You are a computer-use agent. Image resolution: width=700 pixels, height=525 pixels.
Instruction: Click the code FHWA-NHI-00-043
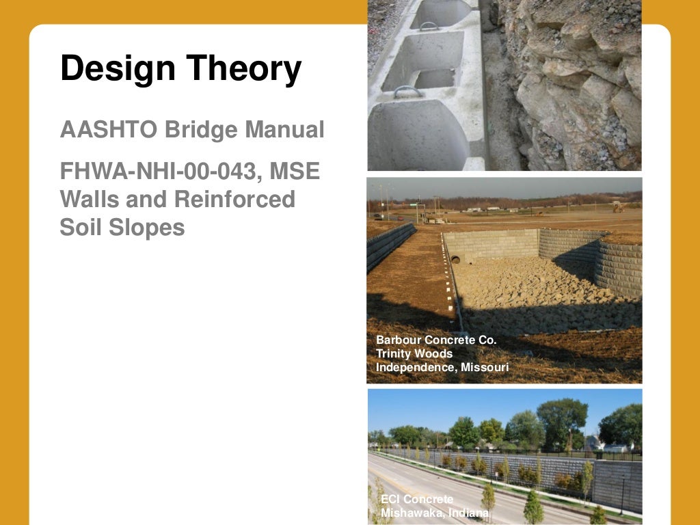(x=154, y=170)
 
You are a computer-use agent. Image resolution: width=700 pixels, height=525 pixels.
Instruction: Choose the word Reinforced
(x=234, y=199)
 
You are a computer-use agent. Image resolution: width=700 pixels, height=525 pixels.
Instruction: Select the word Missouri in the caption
(x=484, y=367)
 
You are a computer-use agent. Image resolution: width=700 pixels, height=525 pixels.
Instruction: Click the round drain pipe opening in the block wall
(x=455, y=260)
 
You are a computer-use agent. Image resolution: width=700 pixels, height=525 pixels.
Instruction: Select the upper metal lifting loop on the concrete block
(x=429, y=26)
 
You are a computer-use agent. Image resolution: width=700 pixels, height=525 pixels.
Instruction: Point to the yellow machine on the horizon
(x=617, y=206)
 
